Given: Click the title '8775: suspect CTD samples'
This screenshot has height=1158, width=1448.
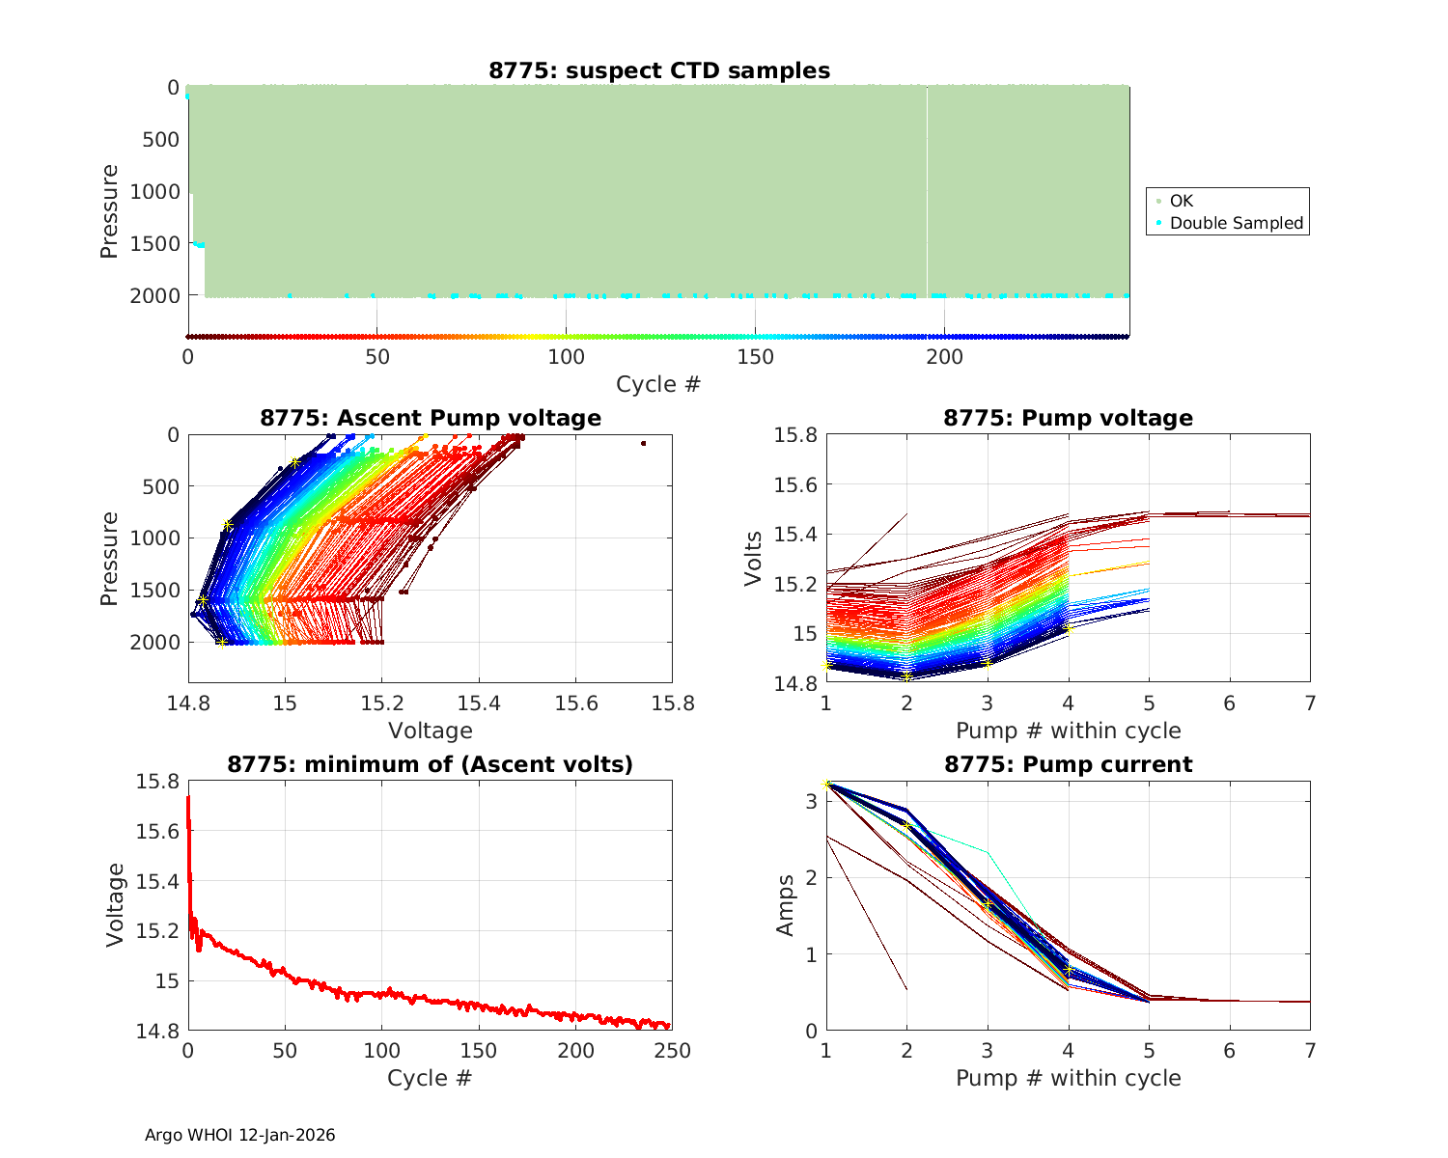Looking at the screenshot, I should pos(659,70).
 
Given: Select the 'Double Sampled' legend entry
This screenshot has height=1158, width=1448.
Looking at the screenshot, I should pos(1236,223).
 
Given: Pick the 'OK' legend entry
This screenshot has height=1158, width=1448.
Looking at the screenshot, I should pos(1181,201).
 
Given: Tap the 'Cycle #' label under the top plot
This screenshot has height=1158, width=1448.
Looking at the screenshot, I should pos(658,384).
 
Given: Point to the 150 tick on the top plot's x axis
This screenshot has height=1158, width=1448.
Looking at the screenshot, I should pos(755,357).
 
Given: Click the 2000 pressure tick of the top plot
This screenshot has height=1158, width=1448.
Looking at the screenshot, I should pos(154,295).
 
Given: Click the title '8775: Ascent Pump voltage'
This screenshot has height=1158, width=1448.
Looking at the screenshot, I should pos(431,418).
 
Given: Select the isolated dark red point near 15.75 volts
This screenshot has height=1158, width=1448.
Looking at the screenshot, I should pos(643,443).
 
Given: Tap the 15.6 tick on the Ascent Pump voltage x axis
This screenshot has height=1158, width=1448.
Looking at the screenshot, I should pos(575,703).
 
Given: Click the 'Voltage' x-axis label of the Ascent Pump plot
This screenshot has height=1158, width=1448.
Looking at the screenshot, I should pos(431,731).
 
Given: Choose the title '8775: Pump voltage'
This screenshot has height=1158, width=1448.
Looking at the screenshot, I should pos(1068,418).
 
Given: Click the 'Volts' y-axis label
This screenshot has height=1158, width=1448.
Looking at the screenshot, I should pos(754,559).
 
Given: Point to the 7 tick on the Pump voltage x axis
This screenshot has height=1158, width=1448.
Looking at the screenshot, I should pos(1310,703).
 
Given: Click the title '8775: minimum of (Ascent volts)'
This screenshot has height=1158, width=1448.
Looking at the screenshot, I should pos(431,764).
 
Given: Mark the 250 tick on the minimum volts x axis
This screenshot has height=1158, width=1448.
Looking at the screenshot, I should pos(672,1051).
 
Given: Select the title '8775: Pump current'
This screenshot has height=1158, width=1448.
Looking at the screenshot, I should pos(1068,764).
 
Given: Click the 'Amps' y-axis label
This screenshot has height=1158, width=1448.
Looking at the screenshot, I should pos(786,905).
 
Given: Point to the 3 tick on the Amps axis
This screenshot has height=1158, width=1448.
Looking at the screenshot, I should pos(811,801).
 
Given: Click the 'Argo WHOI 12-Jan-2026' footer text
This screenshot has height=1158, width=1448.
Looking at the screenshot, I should pos(240,1135).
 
